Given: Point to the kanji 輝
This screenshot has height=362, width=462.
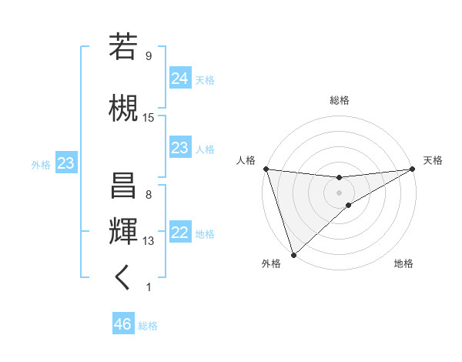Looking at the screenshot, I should [x=124, y=230].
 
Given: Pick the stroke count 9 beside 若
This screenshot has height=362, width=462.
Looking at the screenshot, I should [x=148, y=56].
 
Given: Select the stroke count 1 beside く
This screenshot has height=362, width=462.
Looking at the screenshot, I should [x=148, y=287].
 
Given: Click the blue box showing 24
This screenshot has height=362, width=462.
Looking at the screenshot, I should [x=179, y=78].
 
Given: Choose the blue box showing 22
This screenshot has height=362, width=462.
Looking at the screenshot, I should [x=179, y=233].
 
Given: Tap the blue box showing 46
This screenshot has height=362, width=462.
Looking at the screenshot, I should [x=122, y=324].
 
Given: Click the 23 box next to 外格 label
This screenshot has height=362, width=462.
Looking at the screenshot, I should [x=65, y=163].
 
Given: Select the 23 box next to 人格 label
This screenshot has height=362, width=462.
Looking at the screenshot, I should [x=179, y=148].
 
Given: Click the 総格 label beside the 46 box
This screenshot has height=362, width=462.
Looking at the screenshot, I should [x=148, y=326].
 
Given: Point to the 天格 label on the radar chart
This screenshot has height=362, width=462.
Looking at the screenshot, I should [x=433, y=160].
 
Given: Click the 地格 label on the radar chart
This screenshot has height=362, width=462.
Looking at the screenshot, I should [x=403, y=263].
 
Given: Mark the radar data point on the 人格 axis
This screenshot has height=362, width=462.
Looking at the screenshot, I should [x=266, y=169].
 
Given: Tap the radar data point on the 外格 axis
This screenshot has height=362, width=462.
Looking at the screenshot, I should [x=293, y=254].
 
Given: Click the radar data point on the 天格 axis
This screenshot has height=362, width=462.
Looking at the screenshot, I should [x=412, y=169].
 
